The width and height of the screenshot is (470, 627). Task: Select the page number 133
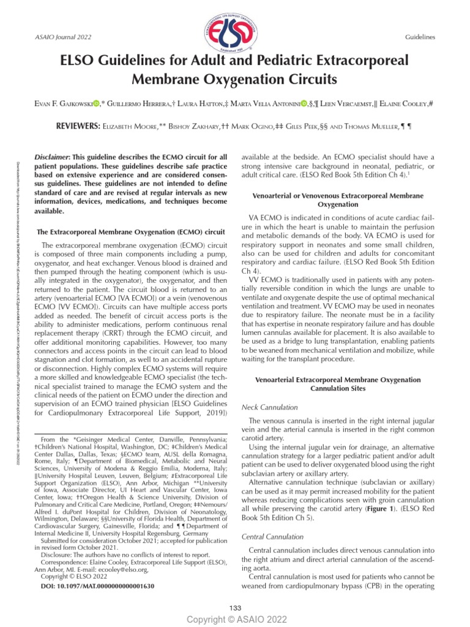click(x=235, y=607)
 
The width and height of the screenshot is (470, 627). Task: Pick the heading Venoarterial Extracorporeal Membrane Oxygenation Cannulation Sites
click(x=337, y=384)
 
